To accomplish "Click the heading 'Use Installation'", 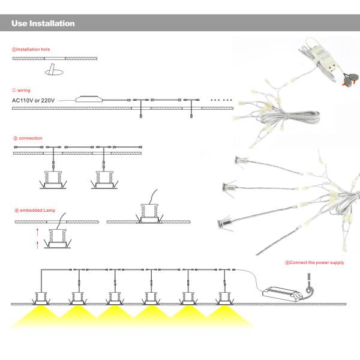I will point(43,24).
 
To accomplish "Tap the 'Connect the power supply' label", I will point(314,262).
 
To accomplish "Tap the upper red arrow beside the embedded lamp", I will point(37,230).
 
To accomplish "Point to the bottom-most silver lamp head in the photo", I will point(224,225).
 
